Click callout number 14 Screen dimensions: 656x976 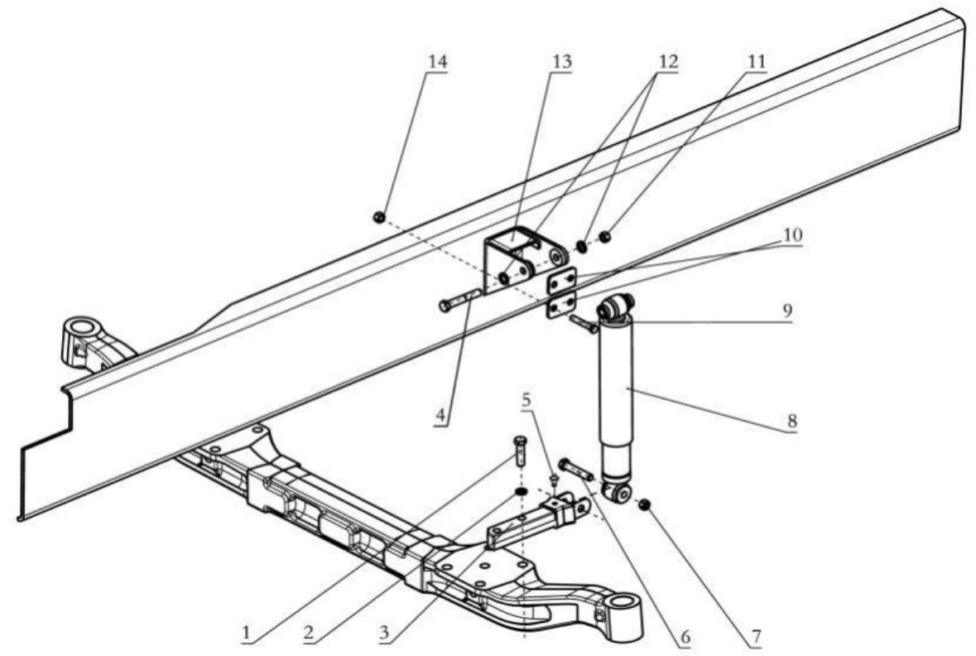(x=436, y=63)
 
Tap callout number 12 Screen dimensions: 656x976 (x=661, y=63)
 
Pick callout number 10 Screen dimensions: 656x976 (x=793, y=235)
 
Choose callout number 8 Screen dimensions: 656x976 (x=792, y=422)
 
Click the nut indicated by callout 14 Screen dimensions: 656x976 (x=378, y=217)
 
